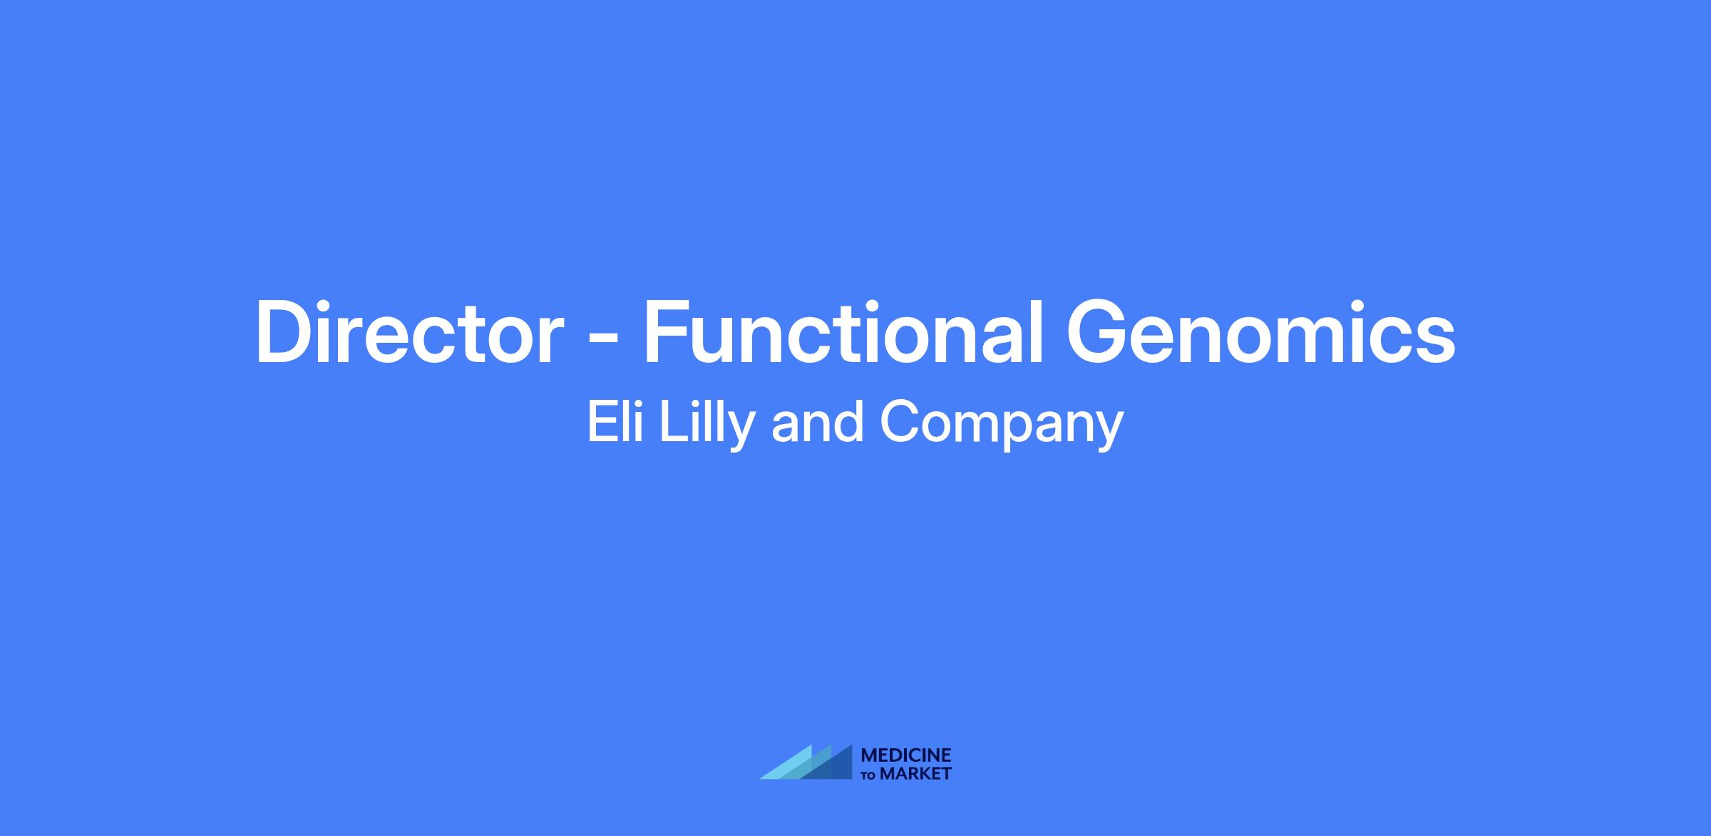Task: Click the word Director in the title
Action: [x=410, y=334]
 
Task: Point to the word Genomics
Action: [x=1260, y=334]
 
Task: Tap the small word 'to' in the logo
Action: [x=869, y=775]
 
